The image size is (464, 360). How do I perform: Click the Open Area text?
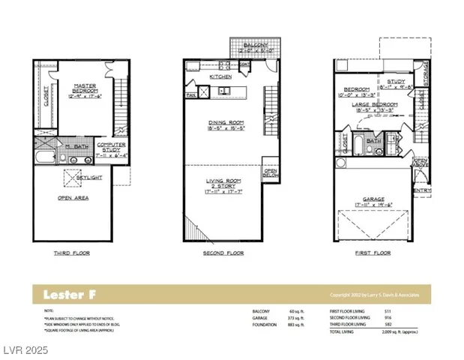tap(73, 198)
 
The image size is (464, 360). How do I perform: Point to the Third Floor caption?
tap(72, 253)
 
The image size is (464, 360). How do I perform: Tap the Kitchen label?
tap(220, 76)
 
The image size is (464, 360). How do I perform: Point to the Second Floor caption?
tap(225, 253)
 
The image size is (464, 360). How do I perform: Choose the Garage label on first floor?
tap(374, 200)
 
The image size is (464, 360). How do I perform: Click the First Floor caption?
tap(372, 253)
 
